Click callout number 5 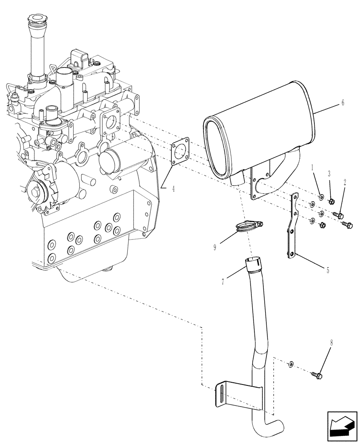(x=328, y=269)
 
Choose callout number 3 (x=329, y=173)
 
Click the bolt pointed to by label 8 (x=317, y=375)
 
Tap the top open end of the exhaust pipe (x=252, y=261)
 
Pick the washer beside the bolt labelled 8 (x=290, y=365)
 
